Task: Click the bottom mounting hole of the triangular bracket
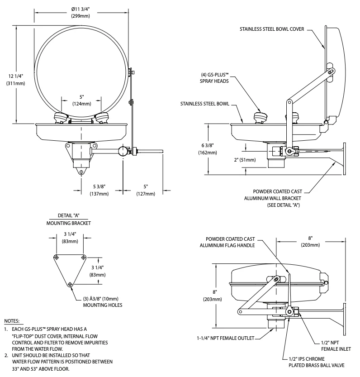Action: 70,284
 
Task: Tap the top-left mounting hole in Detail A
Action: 56,257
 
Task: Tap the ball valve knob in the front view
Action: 123,151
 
